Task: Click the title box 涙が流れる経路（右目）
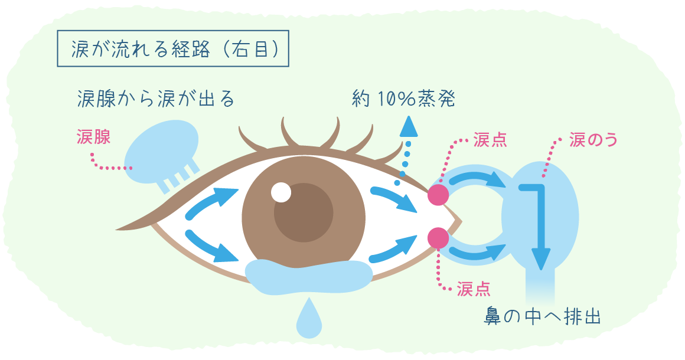point(173,48)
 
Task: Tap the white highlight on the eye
point(281,192)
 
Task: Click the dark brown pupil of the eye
point(304,213)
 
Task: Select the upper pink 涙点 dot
point(438,195)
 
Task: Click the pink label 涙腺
point(93,137)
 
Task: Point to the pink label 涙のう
point(593,140)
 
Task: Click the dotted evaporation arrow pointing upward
point(407,150)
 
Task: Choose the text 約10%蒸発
point(404,99)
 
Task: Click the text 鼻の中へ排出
point(542,316)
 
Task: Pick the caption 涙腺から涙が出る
point(156,98)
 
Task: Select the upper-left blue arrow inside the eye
point(211,203)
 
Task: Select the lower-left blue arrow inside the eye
point(211,246)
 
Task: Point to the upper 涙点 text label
point(490,140)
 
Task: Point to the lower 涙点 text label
point(474,289)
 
